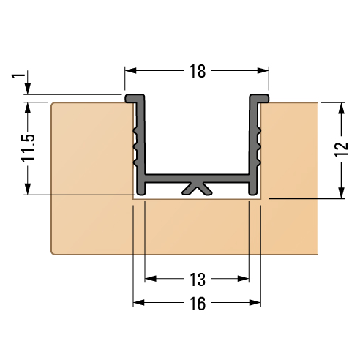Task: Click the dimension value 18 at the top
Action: pyautogui.click(x=197, y=72)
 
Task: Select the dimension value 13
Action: pyautogui.click(x=197, y=279)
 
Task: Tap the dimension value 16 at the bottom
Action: pyautogui.click(x=197, y=303)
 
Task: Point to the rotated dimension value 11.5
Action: pyautogui.click(x=28, y=148)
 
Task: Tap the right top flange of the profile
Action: pyautogui.click(x=260, y=98)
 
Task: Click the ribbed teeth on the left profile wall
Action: pyautogui.click(x=136, y=143)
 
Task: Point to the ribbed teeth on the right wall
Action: pyautogui.click(x=257, y=143)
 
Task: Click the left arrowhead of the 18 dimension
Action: pyautogui.click(x=130, y=72)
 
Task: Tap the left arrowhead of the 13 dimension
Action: pyautogui.click(x=151, y=279)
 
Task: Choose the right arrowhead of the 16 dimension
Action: pyautogui.click(x=256, y=303)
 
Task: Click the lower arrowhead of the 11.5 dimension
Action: pyautogui.click(x=28, y=190)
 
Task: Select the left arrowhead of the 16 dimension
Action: pyautogui.click(x=138, y=303)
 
